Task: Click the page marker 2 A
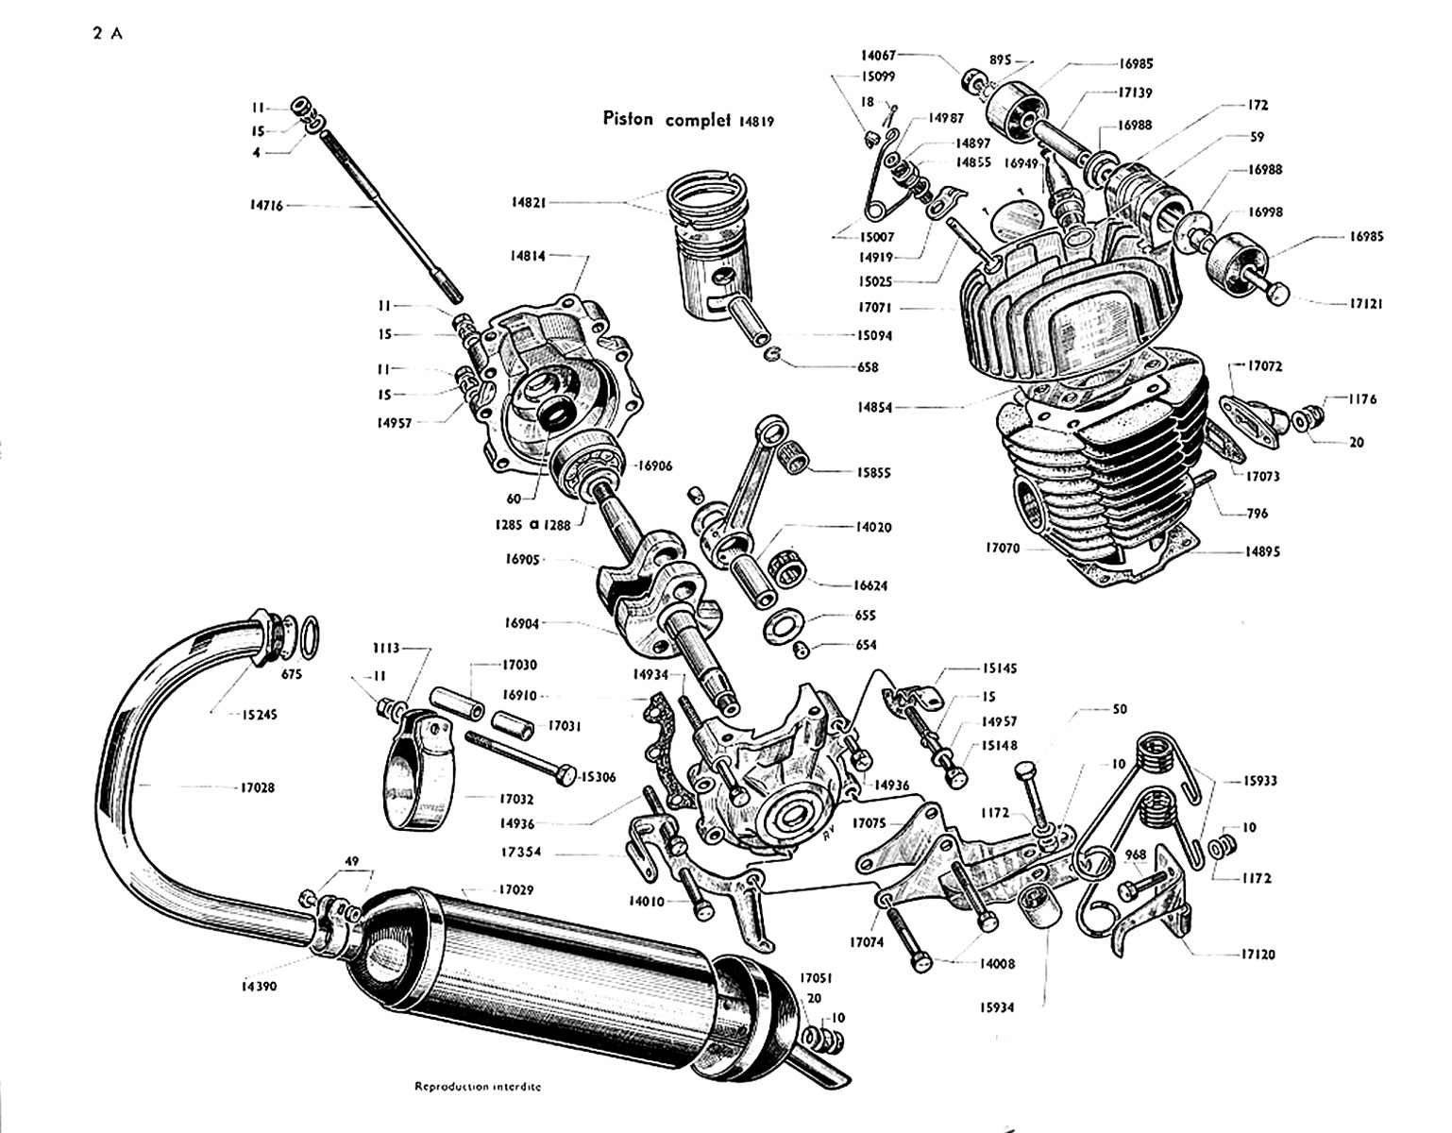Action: [x=109, y=34]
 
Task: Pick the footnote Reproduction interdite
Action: [x=478, y=1086]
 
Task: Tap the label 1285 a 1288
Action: [x=538, y=525]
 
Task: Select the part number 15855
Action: [x=873, y=472]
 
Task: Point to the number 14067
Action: [x=883, y=56]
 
